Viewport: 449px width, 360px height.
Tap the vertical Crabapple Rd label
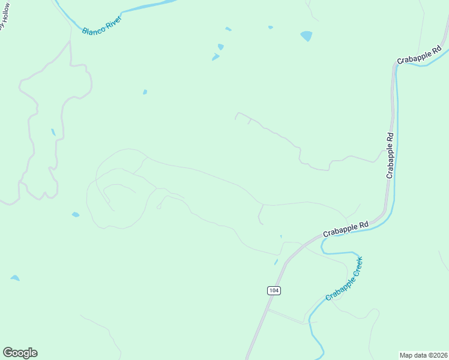pos(390,155)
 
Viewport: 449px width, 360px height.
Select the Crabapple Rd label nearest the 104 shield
pos(345,229)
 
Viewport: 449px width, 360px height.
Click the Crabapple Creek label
pos(345,279)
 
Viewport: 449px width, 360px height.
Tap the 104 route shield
pos(274,290)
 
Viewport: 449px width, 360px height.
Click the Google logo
pos(20,353)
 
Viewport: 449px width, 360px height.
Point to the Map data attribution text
pos(423,355)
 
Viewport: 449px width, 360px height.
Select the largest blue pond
pos(306,36)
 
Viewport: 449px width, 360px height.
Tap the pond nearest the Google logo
pos(14,278)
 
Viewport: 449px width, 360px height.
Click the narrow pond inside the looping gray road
pos(53,132)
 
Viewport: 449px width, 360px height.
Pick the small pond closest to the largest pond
pos(270,27)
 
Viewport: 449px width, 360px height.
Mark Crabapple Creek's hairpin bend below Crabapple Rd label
pos(324,244)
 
